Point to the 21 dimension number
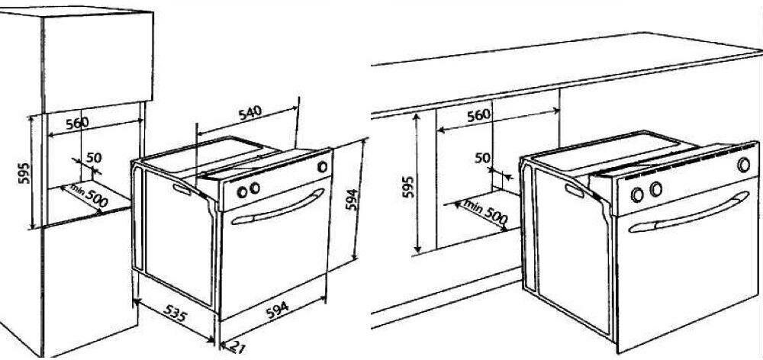click(x=237, y=346)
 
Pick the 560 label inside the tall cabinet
click(x=77, y=123)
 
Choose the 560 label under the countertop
click(x=479, y=115)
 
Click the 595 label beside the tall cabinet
click(x=25, y=172)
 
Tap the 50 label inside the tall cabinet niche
click(x=93, y=157)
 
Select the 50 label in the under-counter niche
click(x=482, y=158)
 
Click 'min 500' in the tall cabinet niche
click(x=89, y=194)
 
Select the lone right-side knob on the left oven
click(x=322, y=167)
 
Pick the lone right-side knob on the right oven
click(x=743, y=165)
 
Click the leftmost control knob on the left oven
click(x=243, y=192)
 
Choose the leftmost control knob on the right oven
click(x=637, y=195)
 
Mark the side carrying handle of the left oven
click(x=181, y=190)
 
